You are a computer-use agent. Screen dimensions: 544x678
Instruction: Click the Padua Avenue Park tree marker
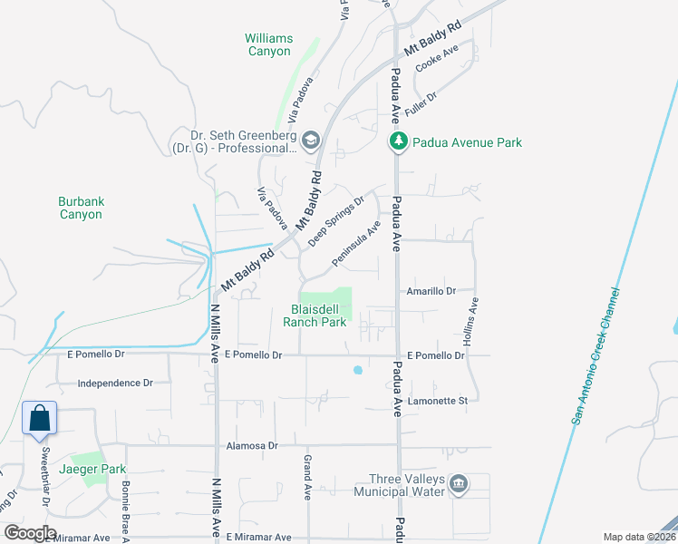(397, 141)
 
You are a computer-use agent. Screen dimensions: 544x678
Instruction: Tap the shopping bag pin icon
(40, 419)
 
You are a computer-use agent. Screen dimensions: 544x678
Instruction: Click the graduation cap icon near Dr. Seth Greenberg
(311, 140)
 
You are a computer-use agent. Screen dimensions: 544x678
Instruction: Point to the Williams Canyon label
(269, 44)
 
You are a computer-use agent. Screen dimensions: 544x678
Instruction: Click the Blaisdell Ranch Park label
(315, 316)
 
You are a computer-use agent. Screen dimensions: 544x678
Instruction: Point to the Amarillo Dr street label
(430, 290)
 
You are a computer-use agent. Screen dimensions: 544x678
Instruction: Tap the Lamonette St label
(437, 400)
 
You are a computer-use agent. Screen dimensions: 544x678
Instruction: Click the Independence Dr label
(115, 384)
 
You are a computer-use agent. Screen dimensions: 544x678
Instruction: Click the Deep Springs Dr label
(336, 220)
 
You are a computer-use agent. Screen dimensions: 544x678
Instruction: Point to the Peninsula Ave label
(355, 243)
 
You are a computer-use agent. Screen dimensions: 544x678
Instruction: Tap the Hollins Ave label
(471, 322)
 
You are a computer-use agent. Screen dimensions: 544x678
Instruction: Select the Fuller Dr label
(421, 102)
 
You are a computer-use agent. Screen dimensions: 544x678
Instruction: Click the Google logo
(29, 533)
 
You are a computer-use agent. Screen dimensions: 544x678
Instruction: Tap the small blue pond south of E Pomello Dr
(357, 370)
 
